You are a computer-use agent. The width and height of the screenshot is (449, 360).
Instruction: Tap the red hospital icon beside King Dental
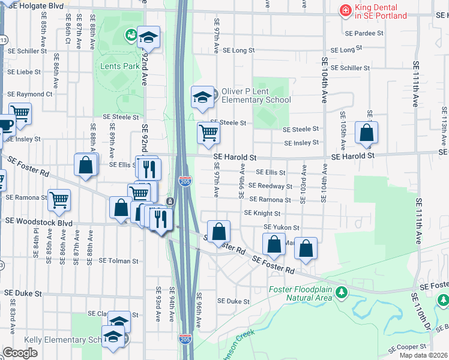[x=345, y=10]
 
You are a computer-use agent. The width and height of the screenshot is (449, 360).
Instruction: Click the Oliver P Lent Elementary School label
[x=256, y=95]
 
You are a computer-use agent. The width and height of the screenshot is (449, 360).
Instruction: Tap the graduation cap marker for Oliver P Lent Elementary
[x=203, y=97]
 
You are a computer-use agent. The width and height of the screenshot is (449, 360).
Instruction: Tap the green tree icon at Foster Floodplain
[x=342, y=293]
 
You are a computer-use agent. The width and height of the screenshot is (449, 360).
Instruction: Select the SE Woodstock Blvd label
[x=38, y=222]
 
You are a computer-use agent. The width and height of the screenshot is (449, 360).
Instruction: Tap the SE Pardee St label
[x=364, y=33]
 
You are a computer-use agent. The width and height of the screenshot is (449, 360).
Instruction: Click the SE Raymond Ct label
[x=30, y=94]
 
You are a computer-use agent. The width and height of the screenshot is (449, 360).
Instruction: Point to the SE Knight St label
[x=263, y=213]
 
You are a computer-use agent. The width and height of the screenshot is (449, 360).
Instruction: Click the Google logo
[x=20, y=353]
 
